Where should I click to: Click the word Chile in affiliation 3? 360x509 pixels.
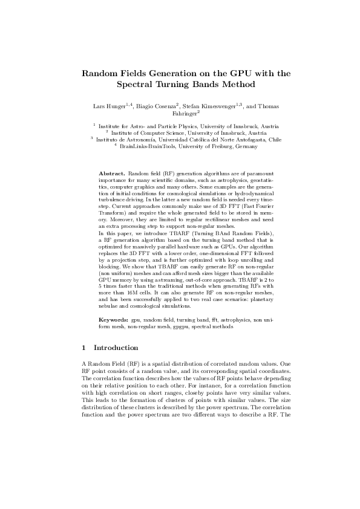[275, 139]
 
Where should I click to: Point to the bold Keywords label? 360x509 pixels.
[114, 318]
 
